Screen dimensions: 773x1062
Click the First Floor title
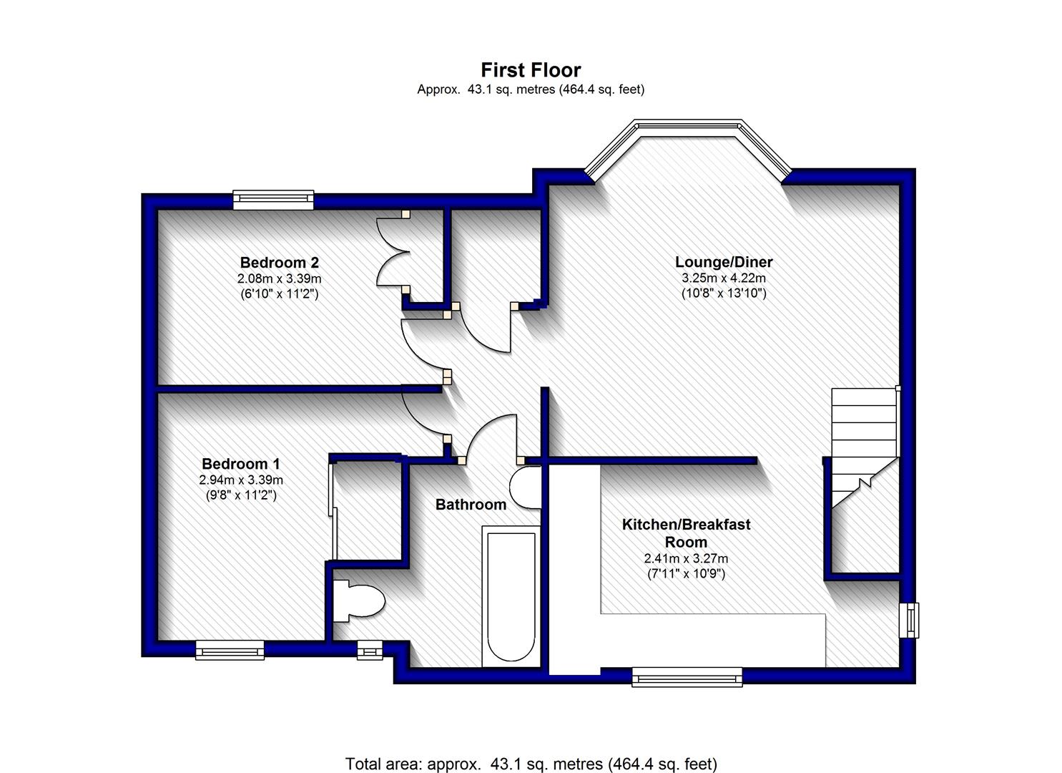pos(531,70)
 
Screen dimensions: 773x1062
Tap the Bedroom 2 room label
pos(279,262)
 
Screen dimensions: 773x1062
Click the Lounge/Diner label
pos(724,262)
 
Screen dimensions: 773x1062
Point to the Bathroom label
pos(471,505)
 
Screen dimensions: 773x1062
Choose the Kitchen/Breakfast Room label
pos(686,533)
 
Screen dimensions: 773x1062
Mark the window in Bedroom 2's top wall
pos(273,200)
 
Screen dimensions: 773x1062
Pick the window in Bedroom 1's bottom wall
pos(230,649)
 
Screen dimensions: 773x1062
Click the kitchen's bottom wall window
pos(687,676)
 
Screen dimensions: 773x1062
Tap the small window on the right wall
pos(910,620)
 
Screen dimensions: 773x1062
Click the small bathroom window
pos(370,650)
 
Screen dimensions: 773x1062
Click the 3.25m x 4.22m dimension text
pos(724,278)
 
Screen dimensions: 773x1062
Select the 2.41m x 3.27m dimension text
pos(686,558)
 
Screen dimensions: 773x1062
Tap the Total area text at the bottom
pos(531,764)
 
